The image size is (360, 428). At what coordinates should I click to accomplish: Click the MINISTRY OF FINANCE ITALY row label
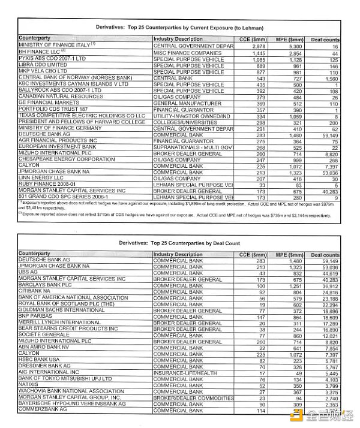[54, 46]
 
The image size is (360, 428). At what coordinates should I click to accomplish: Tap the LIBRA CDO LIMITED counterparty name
[43, 64]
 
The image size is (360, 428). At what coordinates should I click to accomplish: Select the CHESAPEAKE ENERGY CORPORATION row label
[67, 160]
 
